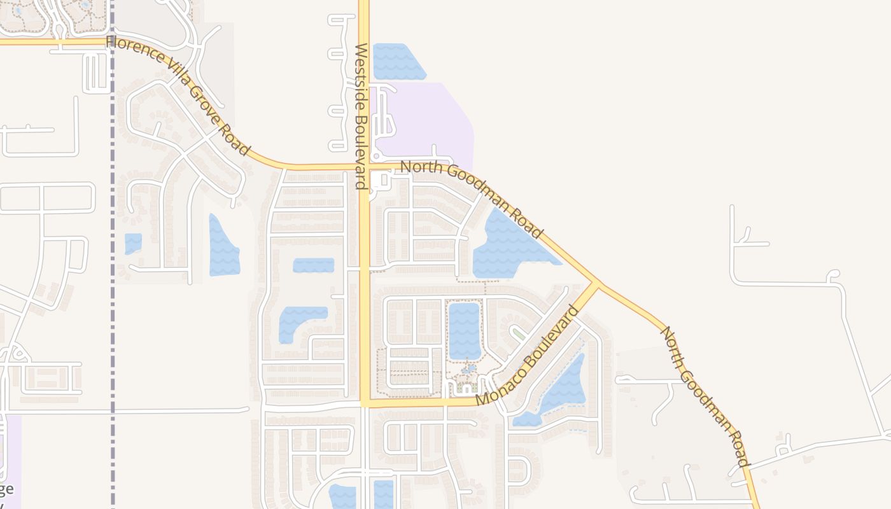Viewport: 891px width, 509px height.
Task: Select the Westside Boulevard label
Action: [361, 116]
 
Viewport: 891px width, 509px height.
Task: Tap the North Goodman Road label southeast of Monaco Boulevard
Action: [705, 396]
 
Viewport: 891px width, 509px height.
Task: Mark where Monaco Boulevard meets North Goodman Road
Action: [596, 284]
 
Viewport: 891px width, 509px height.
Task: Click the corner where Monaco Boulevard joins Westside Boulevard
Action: [365, 403]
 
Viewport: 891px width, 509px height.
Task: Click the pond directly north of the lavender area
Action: [397, 61]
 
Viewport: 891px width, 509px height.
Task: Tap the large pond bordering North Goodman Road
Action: [506, 245]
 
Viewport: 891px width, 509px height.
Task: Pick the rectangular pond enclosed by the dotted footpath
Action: [465, 331]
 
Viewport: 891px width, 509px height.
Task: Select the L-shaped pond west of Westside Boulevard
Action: [299, 321]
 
